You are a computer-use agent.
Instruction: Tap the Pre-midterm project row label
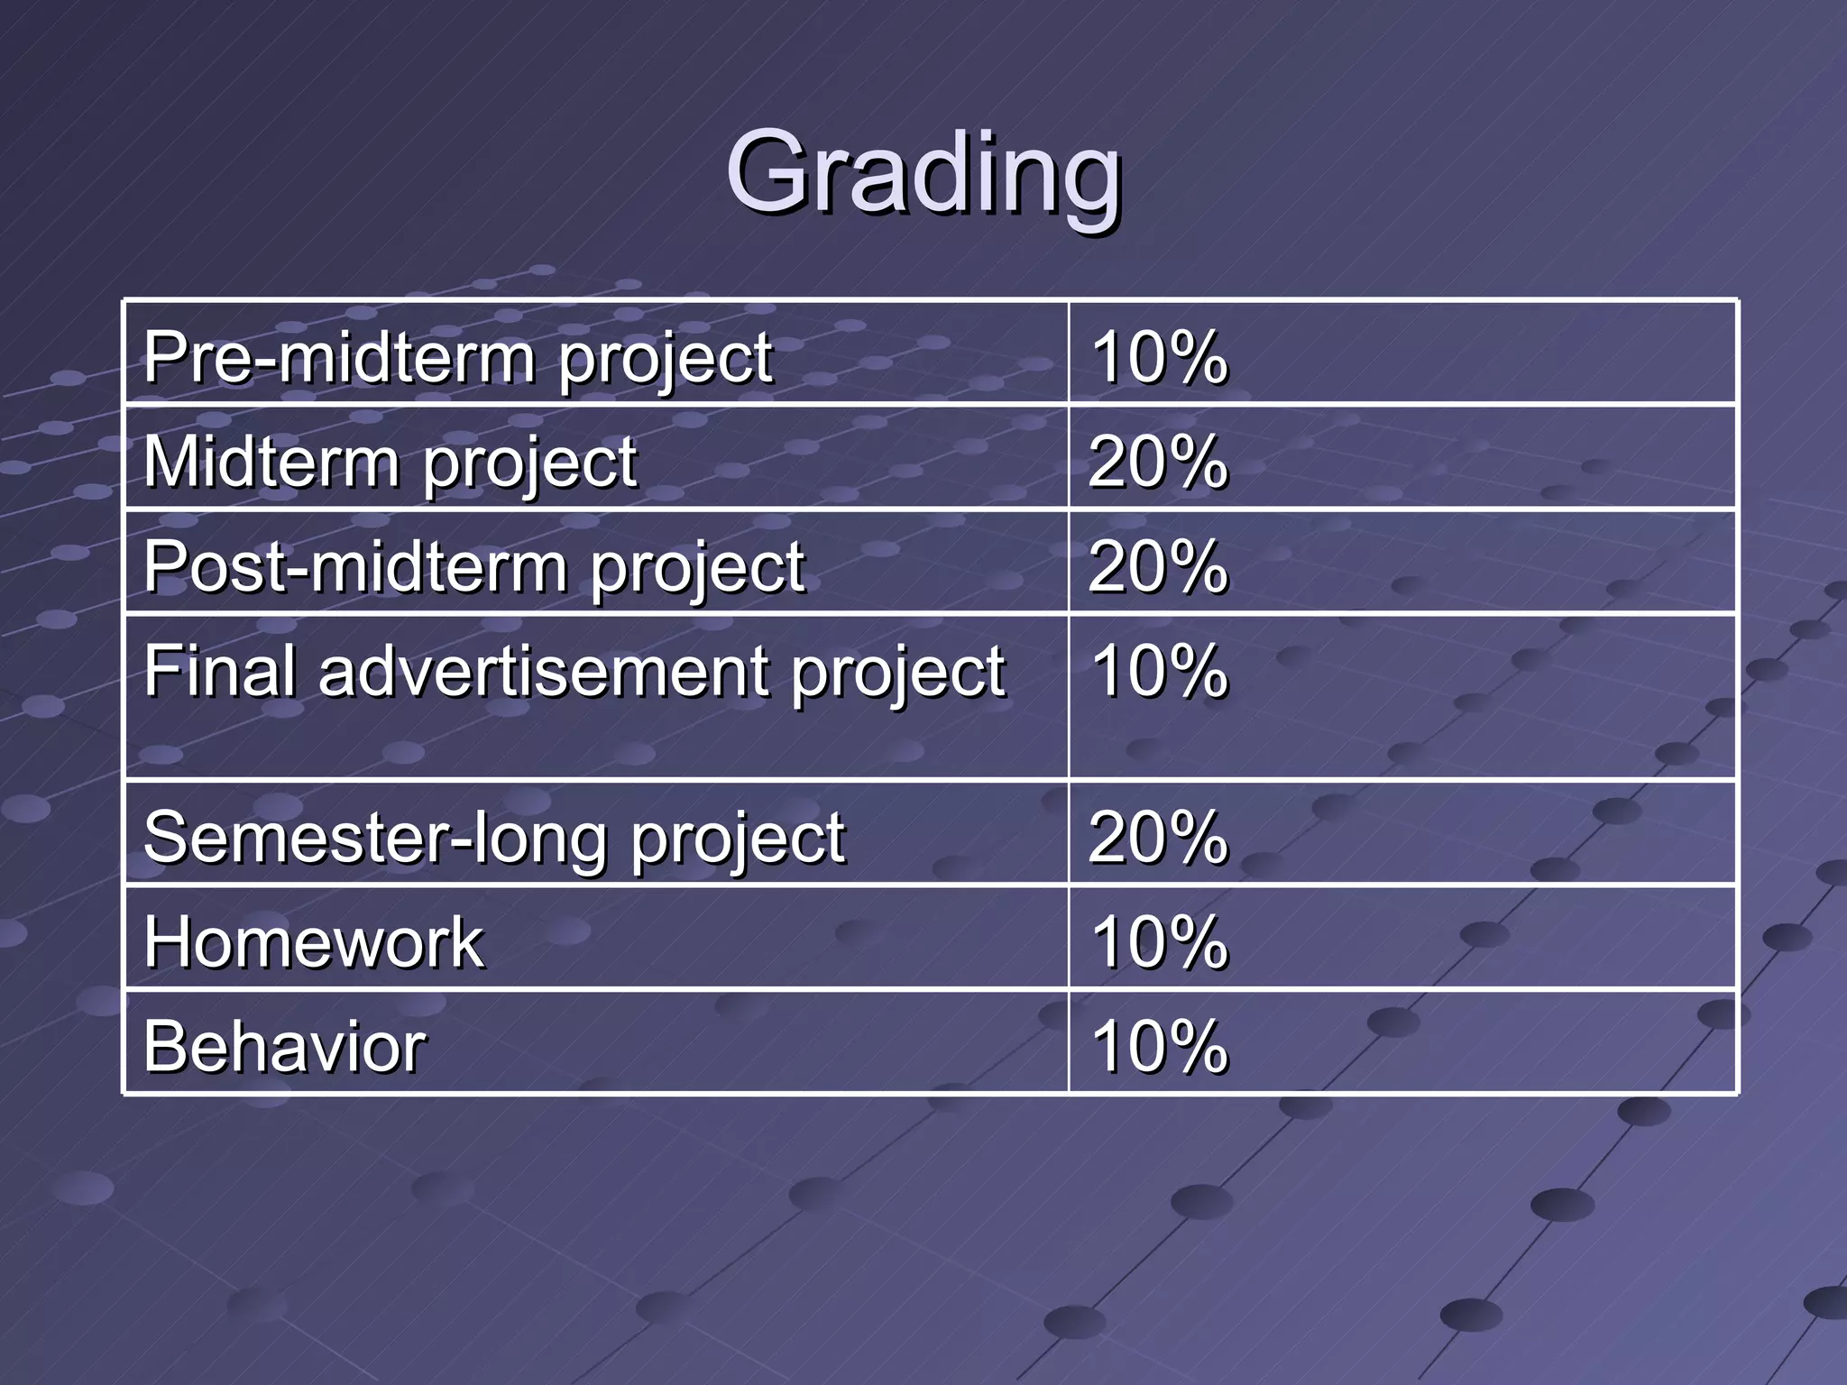[x=457, y=357]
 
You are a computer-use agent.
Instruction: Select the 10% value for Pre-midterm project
[x=1159, y=357]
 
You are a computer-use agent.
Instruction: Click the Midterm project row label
[x=390, y=462]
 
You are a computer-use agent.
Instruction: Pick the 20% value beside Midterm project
[x=1159, y=462]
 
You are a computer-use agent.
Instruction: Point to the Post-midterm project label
[x=473, y=566]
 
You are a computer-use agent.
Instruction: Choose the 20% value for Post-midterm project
[x=1159, y=566]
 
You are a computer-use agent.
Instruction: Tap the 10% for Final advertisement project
[x=1159, y=671]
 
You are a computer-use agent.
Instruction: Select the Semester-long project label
[x=494, y=837]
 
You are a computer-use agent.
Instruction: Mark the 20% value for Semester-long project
[x=1159, y=837]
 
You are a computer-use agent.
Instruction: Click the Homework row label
[x=314, y=941]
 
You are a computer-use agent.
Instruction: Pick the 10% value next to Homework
[x=1159, y=941]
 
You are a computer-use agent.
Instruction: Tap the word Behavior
[x=284, y=1046]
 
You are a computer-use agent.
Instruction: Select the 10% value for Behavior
[x=1159, y=1046]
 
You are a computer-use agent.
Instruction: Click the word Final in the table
[x=220, y=671]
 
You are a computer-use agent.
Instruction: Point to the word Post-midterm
[x=355, y=566]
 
